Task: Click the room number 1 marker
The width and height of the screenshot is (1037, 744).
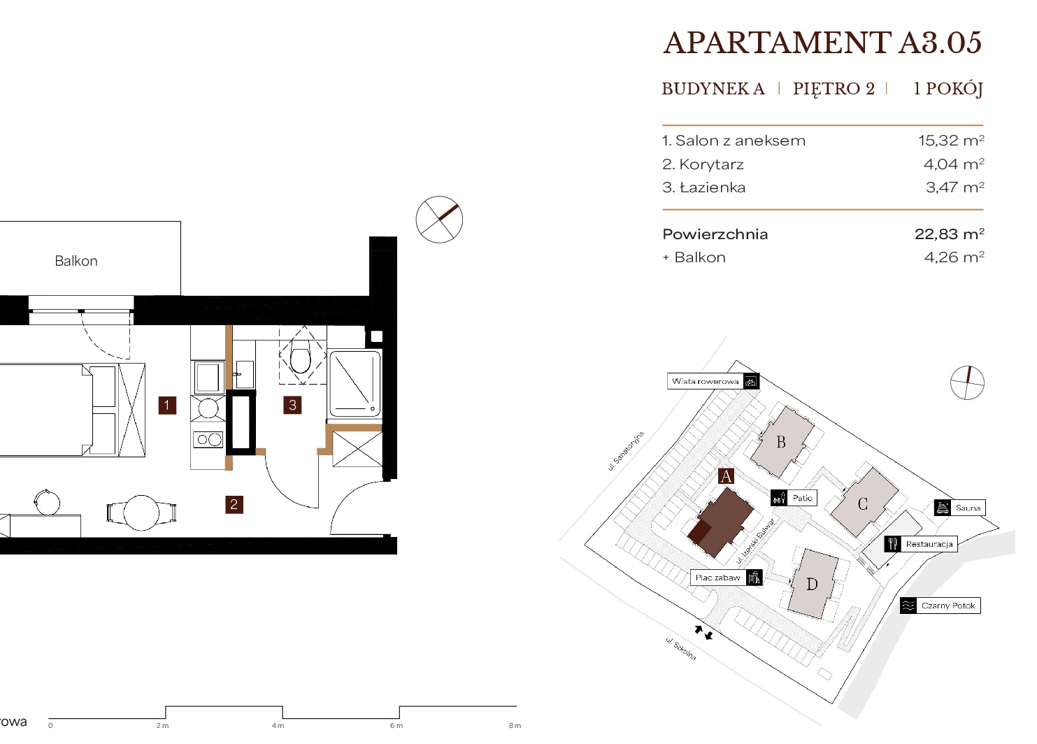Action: click(x=167, y=405)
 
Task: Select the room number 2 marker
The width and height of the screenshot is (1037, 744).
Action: click(x=234, y=504)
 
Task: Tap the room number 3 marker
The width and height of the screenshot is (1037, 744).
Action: click(x=292, y=405)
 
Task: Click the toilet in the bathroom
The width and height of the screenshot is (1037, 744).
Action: click(x=301, y=359)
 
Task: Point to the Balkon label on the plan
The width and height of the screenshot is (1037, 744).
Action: click(x=76, y=261)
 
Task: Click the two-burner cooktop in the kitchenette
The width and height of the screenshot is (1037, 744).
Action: click(x=209, y=439)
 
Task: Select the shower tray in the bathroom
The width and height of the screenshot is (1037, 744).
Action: click(x=354, y=384)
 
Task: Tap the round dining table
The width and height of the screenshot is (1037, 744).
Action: click(x=141, y=513)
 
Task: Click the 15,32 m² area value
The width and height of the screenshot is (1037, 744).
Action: click(x=951, y=141)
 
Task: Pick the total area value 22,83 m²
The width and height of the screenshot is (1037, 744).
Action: click(x=950, y=234)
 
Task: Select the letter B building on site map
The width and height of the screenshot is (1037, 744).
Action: click(x=781, y=442)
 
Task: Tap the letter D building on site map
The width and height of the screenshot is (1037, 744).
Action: click(x=812, y=585)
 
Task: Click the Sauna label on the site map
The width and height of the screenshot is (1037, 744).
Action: click(x=968, y=508)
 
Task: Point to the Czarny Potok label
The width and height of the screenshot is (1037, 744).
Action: click(x=948, y=606)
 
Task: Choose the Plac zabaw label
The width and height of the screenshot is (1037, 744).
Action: click(x=717, y=578)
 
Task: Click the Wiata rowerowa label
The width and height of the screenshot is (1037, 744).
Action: click(x=705, y=382)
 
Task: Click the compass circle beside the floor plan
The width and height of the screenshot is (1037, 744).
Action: click(x=439, y=220)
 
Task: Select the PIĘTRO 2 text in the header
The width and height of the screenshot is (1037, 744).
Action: click(x=834, y=88)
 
